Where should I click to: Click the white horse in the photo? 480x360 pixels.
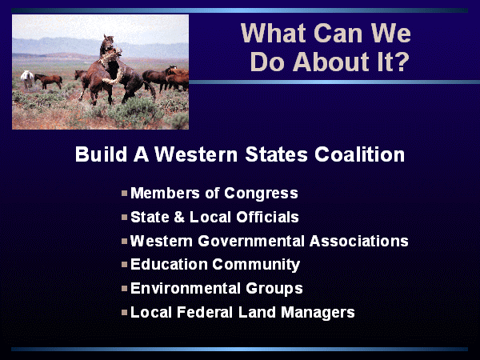pos(27,79)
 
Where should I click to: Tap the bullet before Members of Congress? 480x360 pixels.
pos(124,193)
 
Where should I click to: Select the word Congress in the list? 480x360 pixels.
pos(261,194)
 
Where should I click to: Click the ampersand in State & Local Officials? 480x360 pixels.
pos(179,217)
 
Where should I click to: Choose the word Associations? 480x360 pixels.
pos(358,241)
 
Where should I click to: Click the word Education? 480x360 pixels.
pos(169,265)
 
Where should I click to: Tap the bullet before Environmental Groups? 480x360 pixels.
pos(124,288)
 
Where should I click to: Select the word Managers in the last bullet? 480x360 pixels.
pos(318,313)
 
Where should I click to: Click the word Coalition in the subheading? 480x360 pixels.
pos(360,154)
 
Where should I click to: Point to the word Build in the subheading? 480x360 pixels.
pos(101,154)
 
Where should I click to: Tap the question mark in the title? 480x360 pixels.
pos(400,62)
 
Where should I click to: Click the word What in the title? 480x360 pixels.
pos(274,33)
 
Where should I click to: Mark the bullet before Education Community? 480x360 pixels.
pos(124,265)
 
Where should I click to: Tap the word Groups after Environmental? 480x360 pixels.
pos(274,289)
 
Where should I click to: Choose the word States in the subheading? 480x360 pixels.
pos(276,154)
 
